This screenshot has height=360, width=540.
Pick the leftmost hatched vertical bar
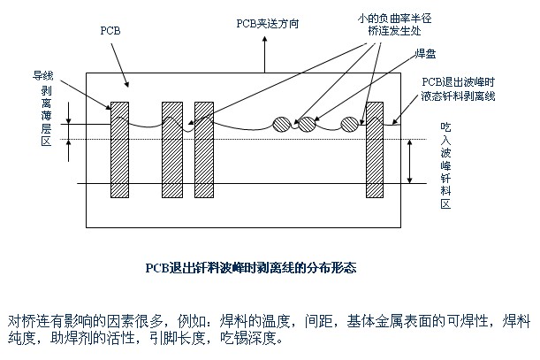pyautogui.click(x=119, y=156)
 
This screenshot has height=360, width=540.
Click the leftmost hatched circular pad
pyautogui.click(x=283, y=124)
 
